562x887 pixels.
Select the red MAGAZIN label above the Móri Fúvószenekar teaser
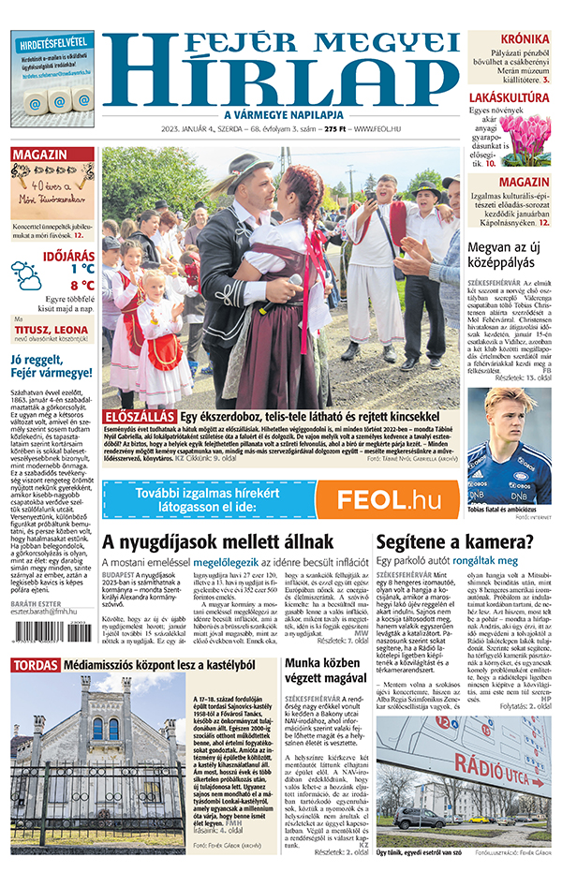(x=39, y=155)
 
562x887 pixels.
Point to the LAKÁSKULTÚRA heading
(x=509, y=97)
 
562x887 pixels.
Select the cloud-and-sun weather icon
(x=25, y=276)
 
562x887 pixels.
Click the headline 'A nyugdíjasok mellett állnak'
(x=217, y=542)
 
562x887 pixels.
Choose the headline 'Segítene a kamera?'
(x=453, y=542)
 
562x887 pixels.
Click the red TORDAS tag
(x=37, y=666)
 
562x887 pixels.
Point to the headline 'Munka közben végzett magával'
(x=325, y=674)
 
